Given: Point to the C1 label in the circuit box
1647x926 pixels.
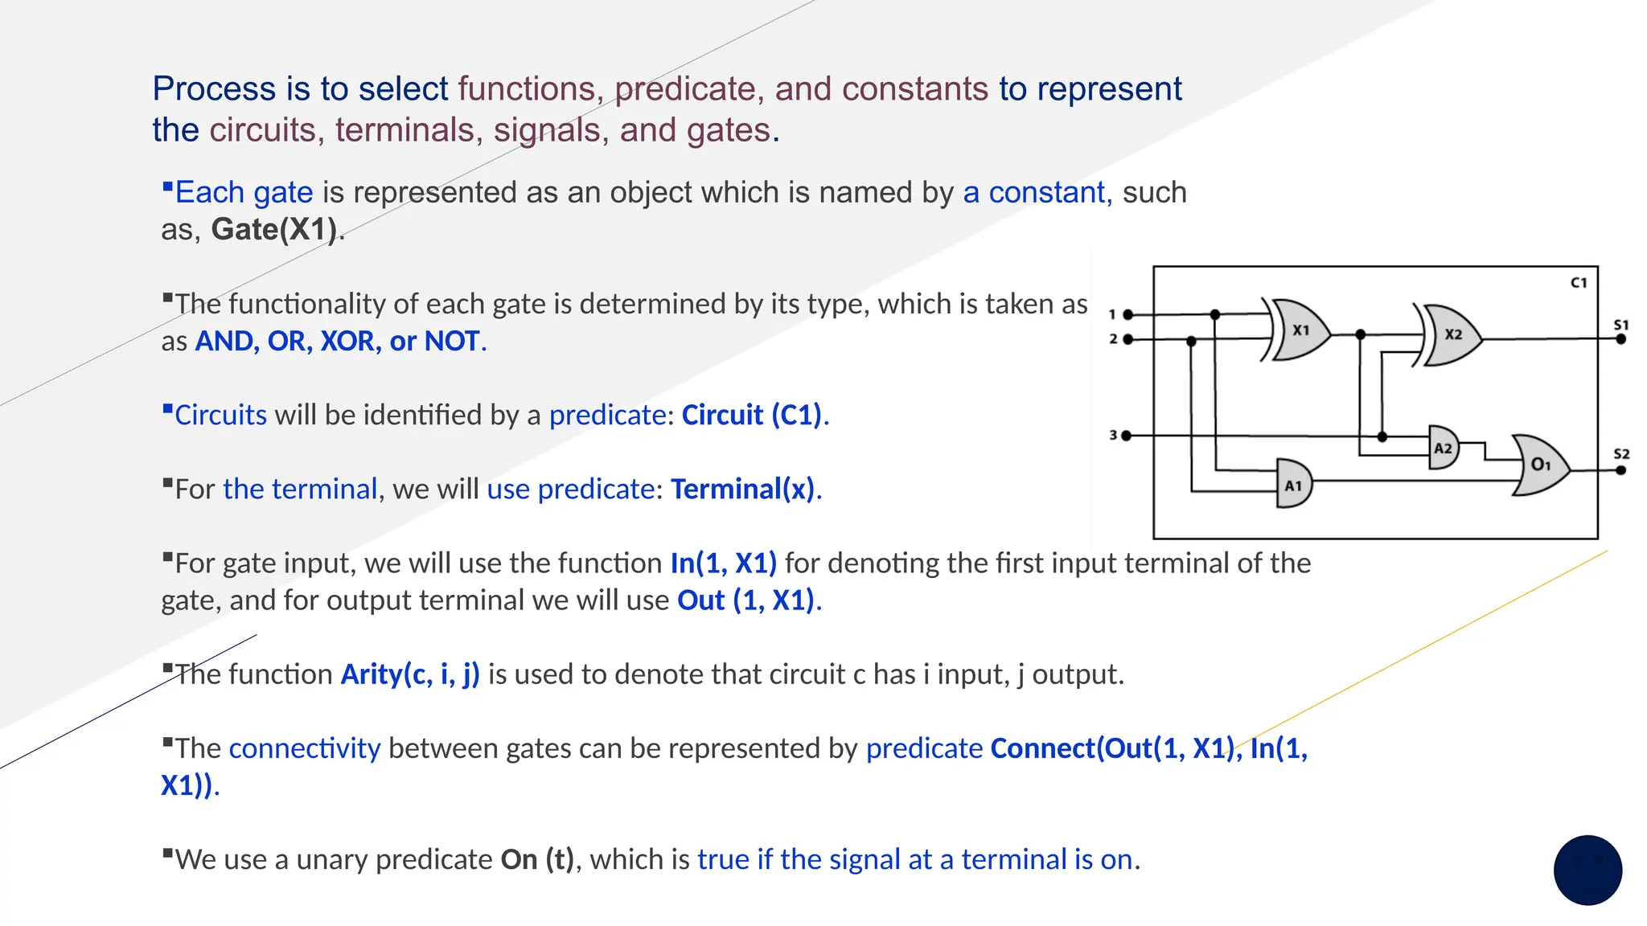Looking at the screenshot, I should pyautogui.click(x=1579, y=283).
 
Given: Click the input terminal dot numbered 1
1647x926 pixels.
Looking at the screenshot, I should pyautogui.click(x=1127, y=314).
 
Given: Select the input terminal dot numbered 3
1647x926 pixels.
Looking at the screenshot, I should pyautogui.click(x=1126, y=436).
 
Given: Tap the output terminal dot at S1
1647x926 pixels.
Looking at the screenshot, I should pyautogui.click(x=1621, y=339).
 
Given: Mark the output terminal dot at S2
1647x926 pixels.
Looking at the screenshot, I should pyautogui.click(x=1621, y=470).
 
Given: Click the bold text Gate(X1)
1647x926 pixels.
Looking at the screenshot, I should pyautogui.click(x=273, y=230).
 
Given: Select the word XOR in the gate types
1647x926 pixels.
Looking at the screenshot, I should pyautogui.click(x=351, y=342).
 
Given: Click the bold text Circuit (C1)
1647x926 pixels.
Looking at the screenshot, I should pyautogui.click(x=752, y=416).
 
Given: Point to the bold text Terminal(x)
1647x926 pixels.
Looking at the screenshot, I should pyautogui.click(x=742, y=490).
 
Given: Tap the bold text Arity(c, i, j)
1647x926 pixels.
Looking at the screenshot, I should pyautogui.click(x=410, y=674).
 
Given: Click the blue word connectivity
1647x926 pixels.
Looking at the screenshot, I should pyautogui.click(x=305, y=748).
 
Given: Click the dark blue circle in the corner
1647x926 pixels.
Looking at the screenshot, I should pyautogui.click(x=1587, y=871).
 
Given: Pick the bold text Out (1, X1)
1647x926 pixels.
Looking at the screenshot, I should pyautogui.click(x=745, y=600).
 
